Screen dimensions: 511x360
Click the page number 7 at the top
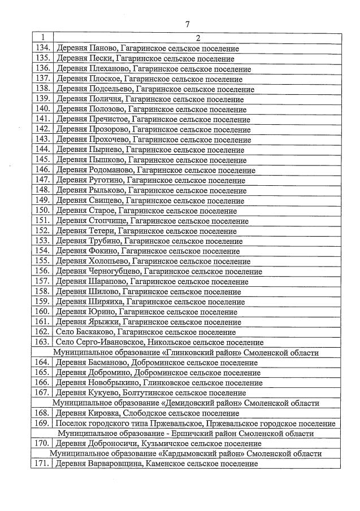pos(186,24)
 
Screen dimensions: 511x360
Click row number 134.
pos(43,49)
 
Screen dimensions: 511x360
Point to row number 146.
pos(43,169)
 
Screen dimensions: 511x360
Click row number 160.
pos(43,311)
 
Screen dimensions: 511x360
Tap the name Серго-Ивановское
pos(110,342)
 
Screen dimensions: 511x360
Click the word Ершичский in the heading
pos(196,433)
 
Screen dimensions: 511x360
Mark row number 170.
pos(43,443)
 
